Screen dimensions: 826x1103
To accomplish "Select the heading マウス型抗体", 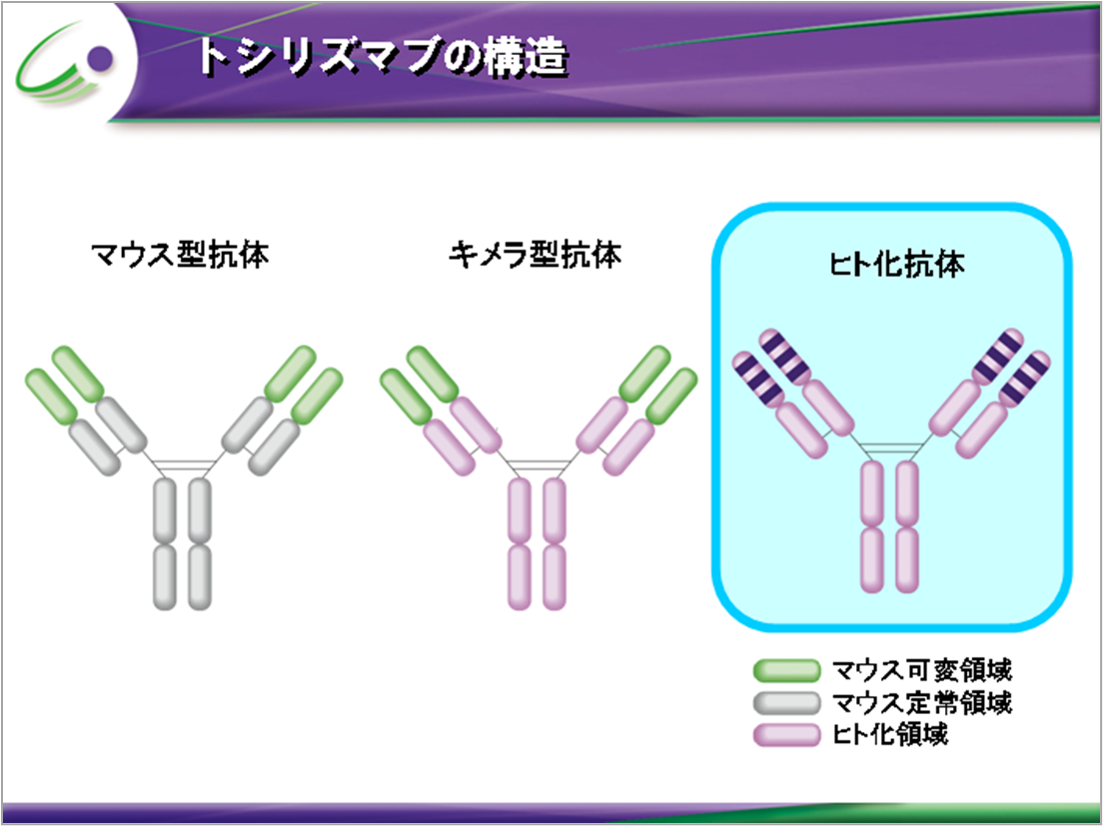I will [x=180, y=256].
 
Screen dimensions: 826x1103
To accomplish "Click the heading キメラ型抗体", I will [x=536, y=256].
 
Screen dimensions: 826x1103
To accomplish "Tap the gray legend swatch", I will [x=785, y=702].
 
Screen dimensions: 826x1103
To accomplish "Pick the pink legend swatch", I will [x=785, y=736].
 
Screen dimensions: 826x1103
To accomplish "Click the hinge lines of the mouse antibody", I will [x=184, y=465].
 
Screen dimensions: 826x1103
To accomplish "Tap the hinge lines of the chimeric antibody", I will [x=538, y=465].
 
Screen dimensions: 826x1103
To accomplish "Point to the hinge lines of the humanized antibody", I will [x=890, y=450].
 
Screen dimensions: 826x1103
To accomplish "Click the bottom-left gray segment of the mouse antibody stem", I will [x=167, y=577].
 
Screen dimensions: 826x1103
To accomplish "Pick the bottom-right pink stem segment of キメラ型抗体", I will [x=554, y=577].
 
